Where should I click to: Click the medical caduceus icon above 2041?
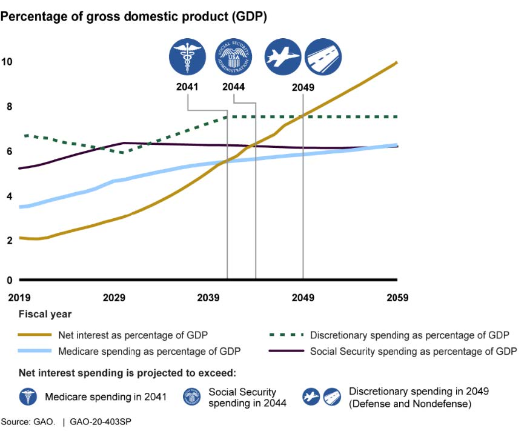click(x=187, y=58)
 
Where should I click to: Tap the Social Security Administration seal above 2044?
click(x=233, y=58)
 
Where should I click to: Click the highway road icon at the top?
click(x=322, y=58)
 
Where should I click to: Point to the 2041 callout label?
click(x=187, y=87)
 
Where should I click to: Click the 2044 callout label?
click(x=233, y=87)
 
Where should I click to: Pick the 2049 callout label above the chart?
click(x=303, y=87)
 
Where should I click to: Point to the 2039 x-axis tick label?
click(x=208, y=298)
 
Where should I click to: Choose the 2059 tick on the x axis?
click(x=397, y=298)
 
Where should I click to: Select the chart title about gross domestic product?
click(x=134, y=16)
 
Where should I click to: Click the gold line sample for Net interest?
click(x=35, y=335)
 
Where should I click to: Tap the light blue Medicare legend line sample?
click(x=35, y=351)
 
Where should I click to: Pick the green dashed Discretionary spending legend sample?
click(x=285, y=335)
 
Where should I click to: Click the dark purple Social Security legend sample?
click(x=285, y=351)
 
